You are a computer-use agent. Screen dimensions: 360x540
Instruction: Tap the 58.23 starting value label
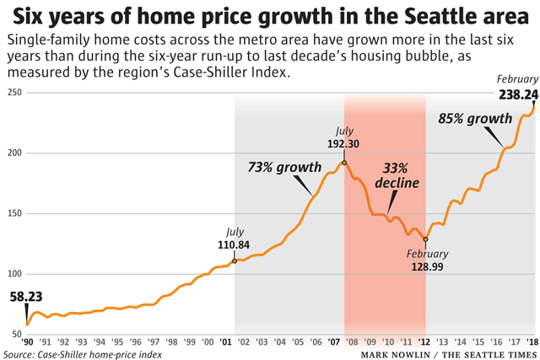[28, 297]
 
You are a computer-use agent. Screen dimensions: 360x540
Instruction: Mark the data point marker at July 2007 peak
[344, 162]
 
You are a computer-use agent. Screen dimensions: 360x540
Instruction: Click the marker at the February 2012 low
[426, 239]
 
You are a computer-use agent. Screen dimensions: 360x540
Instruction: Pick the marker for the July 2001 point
[234, 261]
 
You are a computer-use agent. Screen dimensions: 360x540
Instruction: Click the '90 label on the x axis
[28, 341]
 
